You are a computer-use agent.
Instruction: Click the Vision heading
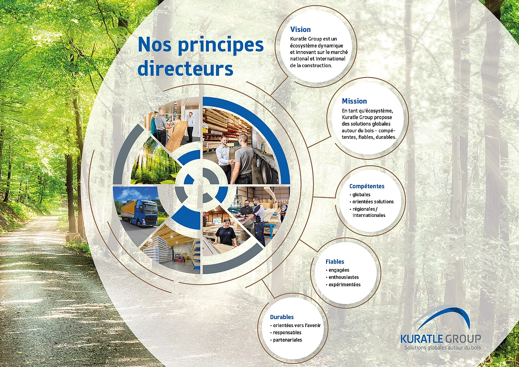(x=300, y=29)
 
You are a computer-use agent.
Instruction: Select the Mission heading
(x=354, y=101)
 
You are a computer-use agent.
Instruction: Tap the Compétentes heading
(x=367, y=186)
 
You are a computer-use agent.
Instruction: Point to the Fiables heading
(x=335, y=262)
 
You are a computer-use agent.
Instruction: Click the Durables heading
(x=282, y=317)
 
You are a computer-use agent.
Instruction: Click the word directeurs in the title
(x=185, y=69)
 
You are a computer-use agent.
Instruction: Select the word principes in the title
(x=221, y=45)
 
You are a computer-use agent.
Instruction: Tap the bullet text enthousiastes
(x=344, y=277)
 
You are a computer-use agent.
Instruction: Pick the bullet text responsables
(x=287, y=333)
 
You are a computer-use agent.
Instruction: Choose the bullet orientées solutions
(x=373, y=202)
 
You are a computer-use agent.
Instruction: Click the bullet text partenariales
(x=288, y=340)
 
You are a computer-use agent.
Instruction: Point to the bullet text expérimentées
(x=345, y=284)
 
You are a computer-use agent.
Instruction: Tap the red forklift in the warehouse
(x=179, y=257)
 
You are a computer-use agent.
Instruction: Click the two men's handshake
(x=232, y=161)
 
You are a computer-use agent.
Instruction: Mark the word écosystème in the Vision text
(x=303, y=45)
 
